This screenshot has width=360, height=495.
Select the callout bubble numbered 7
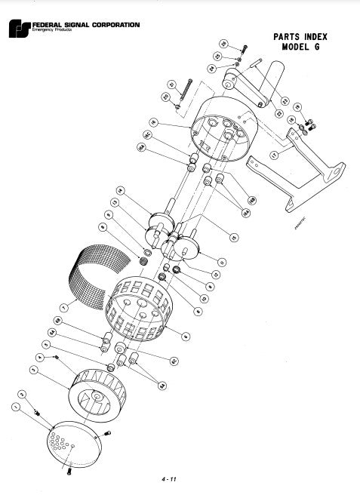tap(63, 309)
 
